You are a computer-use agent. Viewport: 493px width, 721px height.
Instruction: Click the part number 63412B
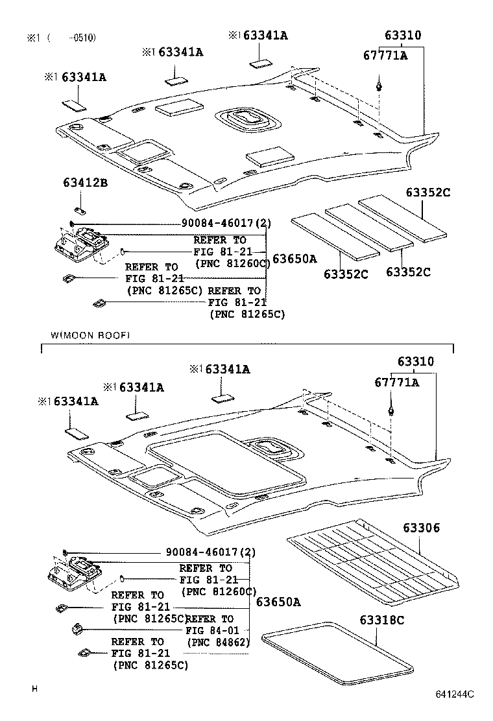pos(84,183)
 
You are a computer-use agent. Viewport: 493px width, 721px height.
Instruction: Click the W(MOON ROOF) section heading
pos(90,335)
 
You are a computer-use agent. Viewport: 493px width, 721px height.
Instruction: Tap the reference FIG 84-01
pos(212,630)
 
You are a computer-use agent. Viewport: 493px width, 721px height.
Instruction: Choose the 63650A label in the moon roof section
pos(278,602)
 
